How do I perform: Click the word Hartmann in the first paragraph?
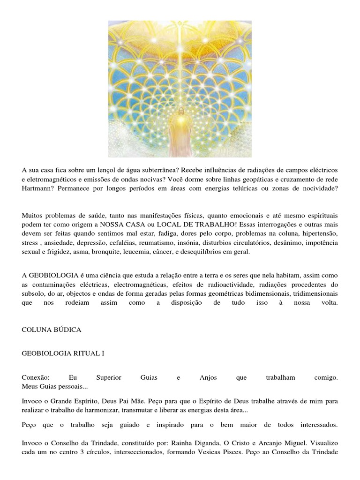tap(37, 188)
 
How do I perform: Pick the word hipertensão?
tap(317, 233)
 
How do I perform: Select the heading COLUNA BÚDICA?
tap(52, 330)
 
